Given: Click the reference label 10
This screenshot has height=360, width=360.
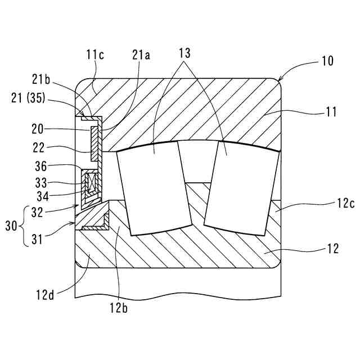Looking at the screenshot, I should [x=327, y=61].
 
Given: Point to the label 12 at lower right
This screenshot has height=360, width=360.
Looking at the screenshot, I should [x=332, y=248].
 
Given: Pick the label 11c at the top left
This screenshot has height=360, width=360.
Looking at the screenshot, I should [x=95, y=55].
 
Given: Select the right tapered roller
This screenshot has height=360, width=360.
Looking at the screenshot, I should [x=242, y=188].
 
